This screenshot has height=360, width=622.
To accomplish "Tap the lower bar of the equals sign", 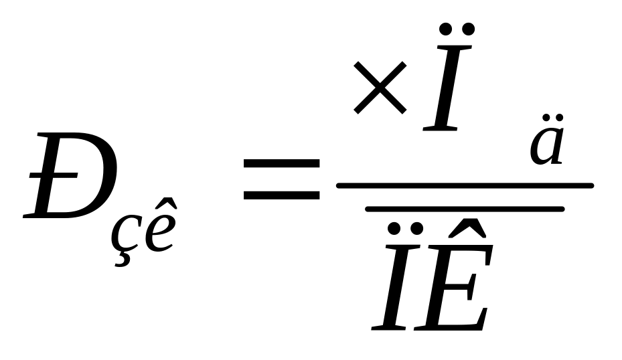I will point(281,195).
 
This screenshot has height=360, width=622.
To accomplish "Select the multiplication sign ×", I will point(380,86).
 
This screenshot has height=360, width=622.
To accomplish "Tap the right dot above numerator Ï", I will point(469,28).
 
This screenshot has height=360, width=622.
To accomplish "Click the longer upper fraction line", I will point(465,185).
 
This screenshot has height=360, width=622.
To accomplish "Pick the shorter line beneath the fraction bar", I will point(465,209).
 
